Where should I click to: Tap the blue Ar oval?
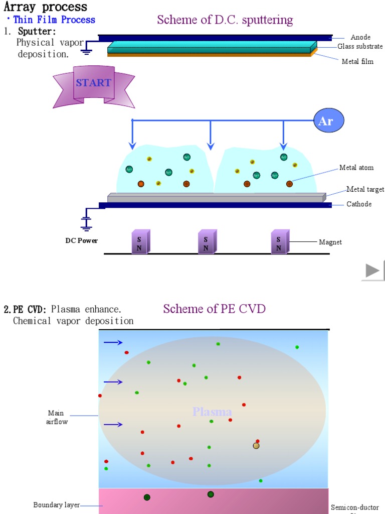point(330,121)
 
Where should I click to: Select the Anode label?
point(360,37)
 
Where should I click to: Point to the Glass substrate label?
point(360,47)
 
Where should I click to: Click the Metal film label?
point(357,62)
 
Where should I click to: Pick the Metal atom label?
point(356,168)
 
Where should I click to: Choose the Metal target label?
point(365,189)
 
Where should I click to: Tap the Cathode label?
point(359,204)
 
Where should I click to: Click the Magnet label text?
point(330,242)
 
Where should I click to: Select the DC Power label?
point(82,240)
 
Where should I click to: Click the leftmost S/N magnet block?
point(140,242)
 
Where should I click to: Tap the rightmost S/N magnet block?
point(279,242)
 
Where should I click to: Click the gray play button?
point(372,271)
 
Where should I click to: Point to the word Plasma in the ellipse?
point(212,412)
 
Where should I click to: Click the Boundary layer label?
point(57,505)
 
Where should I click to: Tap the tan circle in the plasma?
point(256,446)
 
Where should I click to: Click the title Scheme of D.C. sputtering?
point(225,20)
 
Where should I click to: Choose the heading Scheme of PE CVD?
point(214,309)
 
